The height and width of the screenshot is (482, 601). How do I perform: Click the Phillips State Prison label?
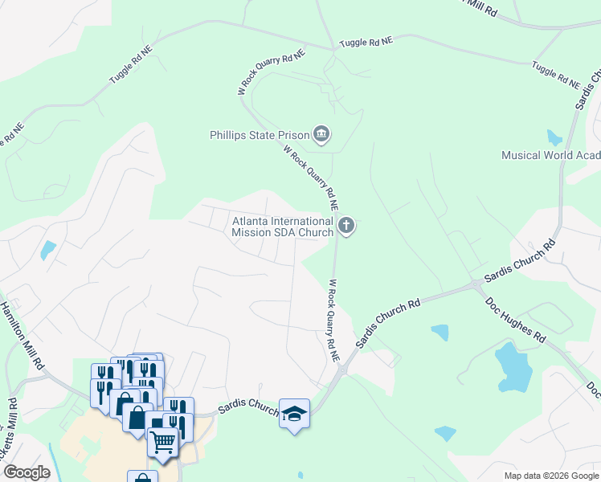[x=259, y=135]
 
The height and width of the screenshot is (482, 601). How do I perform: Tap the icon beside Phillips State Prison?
[x=321, y=134]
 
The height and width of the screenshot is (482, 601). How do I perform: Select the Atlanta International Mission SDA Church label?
[x=282, y=227]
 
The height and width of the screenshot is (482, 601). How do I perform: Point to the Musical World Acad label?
[x=550, y=155]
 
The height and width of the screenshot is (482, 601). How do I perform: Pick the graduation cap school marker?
[x=294, y=414]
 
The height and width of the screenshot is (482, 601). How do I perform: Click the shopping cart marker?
[x=162, y=441]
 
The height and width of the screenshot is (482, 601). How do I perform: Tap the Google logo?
[x=27, y=472]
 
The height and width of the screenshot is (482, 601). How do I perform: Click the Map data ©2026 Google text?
[x=552, y=476]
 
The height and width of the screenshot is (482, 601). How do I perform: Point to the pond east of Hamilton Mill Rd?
[x=48, y=250]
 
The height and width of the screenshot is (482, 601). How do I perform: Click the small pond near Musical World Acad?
[x=554, y=137]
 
